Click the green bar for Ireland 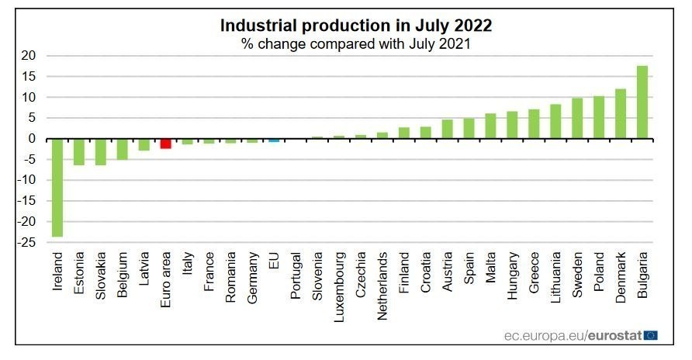tap(57, 187)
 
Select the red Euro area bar tap(165, 144)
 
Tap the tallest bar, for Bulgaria tap(642, 102)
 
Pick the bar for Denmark tap(621, 114)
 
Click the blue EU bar tap(274, 140)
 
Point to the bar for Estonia tap(78, 152)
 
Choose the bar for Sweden tap(577, 119)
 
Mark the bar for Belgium tap(122, 149)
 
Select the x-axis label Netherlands tap(382, 282)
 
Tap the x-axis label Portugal tap(296, 275)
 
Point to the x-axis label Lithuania tap(556, 277)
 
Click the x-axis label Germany tap(252, 276)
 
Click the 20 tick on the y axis tap(29, 56)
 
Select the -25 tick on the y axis tap(27, 243)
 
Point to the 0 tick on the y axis tap(32, 139)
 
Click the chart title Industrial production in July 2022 tap(356, 25)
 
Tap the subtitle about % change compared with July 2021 tap(356, 43)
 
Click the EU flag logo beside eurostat tap(650, 335)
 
